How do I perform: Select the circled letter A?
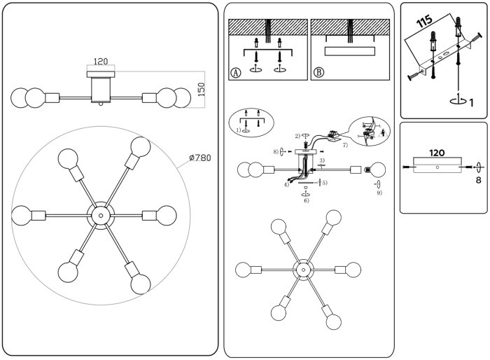[236, 72]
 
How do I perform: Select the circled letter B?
[319, 72]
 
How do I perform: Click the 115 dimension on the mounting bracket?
[424, 21]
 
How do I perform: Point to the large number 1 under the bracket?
[472, 103]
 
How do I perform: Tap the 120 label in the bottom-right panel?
[437, 152]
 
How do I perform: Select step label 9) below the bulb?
[379, 193]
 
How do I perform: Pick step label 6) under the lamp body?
[306, 200]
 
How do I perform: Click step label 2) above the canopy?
[297, 135]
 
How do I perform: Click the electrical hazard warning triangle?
[384, 131]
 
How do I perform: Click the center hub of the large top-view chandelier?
[99, 214]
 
